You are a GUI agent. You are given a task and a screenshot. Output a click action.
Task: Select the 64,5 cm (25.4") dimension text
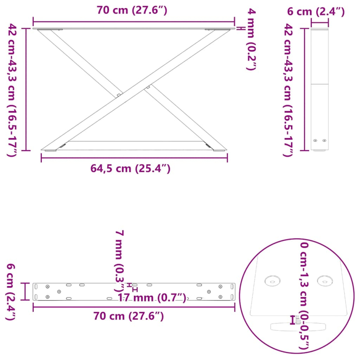(130, 169)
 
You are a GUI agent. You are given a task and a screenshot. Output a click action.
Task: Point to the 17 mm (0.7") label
(152, 297)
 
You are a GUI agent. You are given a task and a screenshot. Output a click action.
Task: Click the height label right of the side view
(288, 90)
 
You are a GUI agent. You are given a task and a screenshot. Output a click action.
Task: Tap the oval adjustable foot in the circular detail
(297, 326)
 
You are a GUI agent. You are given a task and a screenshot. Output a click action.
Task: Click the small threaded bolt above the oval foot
(297, 320)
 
